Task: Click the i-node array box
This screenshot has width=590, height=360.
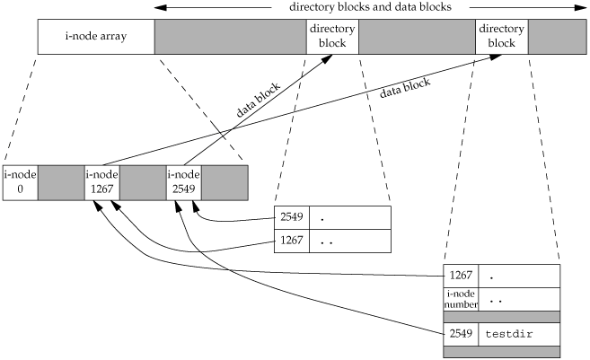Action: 96,38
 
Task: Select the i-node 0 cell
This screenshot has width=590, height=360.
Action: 20,182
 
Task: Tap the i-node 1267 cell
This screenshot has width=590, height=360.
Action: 101,182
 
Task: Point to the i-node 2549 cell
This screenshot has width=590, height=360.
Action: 183,182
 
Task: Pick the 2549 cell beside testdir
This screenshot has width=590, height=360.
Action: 462,334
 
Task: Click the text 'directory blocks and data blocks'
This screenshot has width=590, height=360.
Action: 369,8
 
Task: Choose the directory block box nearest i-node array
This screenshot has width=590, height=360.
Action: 331,38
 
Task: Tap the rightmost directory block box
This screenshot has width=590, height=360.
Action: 501,38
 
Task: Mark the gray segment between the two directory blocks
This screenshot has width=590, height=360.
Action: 416,38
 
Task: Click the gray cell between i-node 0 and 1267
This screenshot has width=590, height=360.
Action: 60,182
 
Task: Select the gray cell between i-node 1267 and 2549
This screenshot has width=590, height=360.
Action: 142,182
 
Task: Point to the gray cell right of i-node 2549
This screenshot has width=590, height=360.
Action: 225,182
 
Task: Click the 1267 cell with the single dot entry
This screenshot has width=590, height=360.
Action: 462,275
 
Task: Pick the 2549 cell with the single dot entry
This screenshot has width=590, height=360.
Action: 291,218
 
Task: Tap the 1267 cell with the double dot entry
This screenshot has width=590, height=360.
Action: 291,241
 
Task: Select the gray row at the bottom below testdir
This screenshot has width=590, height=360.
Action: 502,352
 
